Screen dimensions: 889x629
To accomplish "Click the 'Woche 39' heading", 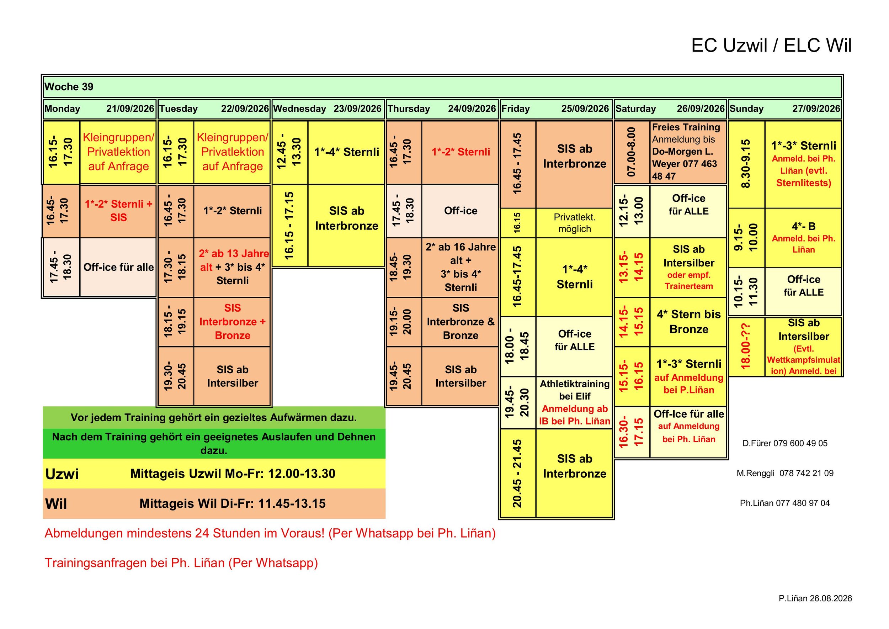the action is point(69,87).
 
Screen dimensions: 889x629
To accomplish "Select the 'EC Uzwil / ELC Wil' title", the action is point(771,45).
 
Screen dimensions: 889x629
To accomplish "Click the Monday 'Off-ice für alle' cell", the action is point(118,267).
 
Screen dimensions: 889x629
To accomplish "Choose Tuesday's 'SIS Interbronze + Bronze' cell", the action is point(232,322).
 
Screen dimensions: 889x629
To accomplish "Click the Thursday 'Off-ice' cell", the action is point(460,211).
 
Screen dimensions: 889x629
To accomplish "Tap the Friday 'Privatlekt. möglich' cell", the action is point(574,223).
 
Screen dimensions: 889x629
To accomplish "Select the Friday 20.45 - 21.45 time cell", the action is point(518,473).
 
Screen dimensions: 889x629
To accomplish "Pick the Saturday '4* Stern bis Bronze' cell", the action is point(688,322).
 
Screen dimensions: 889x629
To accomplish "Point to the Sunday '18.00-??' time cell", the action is point(746,346).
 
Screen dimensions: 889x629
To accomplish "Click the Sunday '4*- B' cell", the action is point(803,238).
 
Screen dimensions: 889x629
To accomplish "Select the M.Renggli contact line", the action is point(785,473).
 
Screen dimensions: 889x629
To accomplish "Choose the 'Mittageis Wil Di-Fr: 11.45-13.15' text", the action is point(232,503).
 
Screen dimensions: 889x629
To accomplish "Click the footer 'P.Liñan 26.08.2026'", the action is point(815,598).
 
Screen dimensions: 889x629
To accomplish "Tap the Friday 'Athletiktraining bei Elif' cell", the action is point(574,402).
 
